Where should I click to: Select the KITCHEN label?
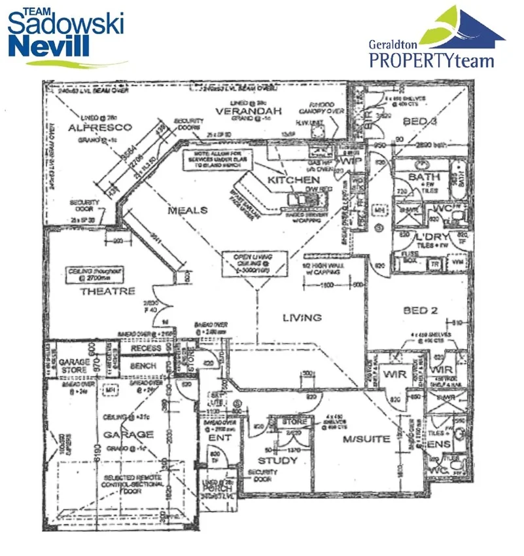tap(294, 179)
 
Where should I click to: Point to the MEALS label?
tap(187, 210)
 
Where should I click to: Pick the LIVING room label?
tap(302, 318)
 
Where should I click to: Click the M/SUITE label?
tap(366, 439)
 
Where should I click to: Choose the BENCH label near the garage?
tap(145, 366)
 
